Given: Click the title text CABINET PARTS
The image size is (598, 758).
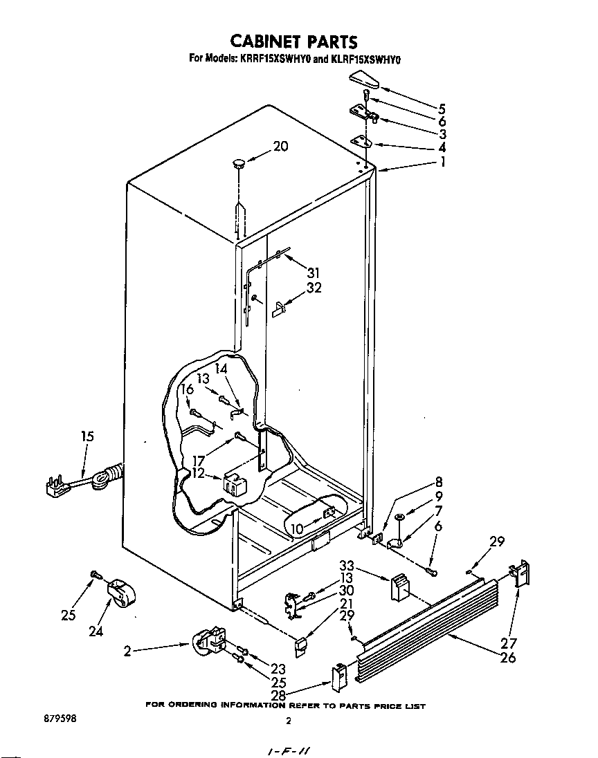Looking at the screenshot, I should pos(294,43).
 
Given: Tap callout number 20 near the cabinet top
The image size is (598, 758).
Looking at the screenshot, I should pos(280,147).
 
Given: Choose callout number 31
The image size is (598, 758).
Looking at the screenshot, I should pos(313,272).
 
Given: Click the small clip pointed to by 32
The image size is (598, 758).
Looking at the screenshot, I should pos(279,308).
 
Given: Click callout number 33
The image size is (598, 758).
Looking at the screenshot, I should pos(347,566).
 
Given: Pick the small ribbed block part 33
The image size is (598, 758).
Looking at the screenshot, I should pos(401,586).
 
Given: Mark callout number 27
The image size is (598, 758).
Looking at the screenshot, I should pos(509,644).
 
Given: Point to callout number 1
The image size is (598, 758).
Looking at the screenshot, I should pos(442,163).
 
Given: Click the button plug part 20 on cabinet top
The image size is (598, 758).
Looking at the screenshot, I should pos(238,165).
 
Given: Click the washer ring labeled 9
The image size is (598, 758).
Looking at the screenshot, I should pos(400,516).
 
